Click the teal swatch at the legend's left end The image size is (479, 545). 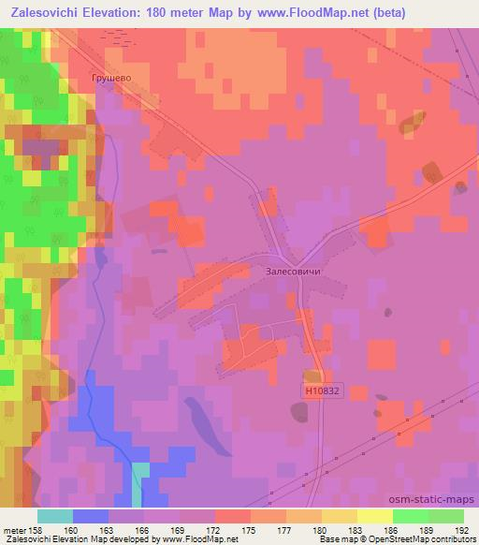click(55, 516)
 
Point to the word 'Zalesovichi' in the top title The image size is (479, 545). click(51, 11)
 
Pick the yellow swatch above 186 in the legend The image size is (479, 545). click(374, 516)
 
